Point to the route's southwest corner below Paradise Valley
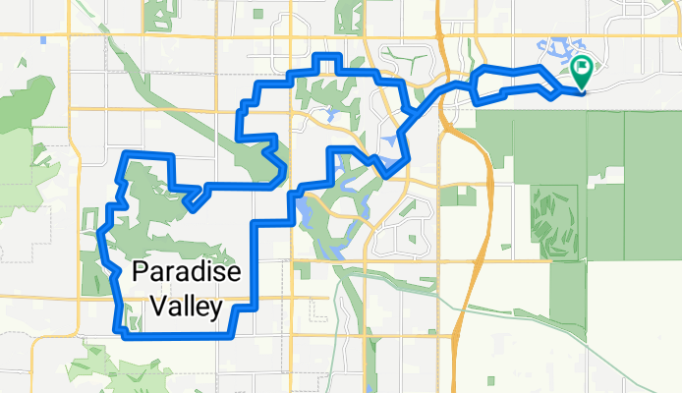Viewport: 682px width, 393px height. coord(125,335)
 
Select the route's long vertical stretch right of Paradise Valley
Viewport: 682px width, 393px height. coord(256,265)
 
